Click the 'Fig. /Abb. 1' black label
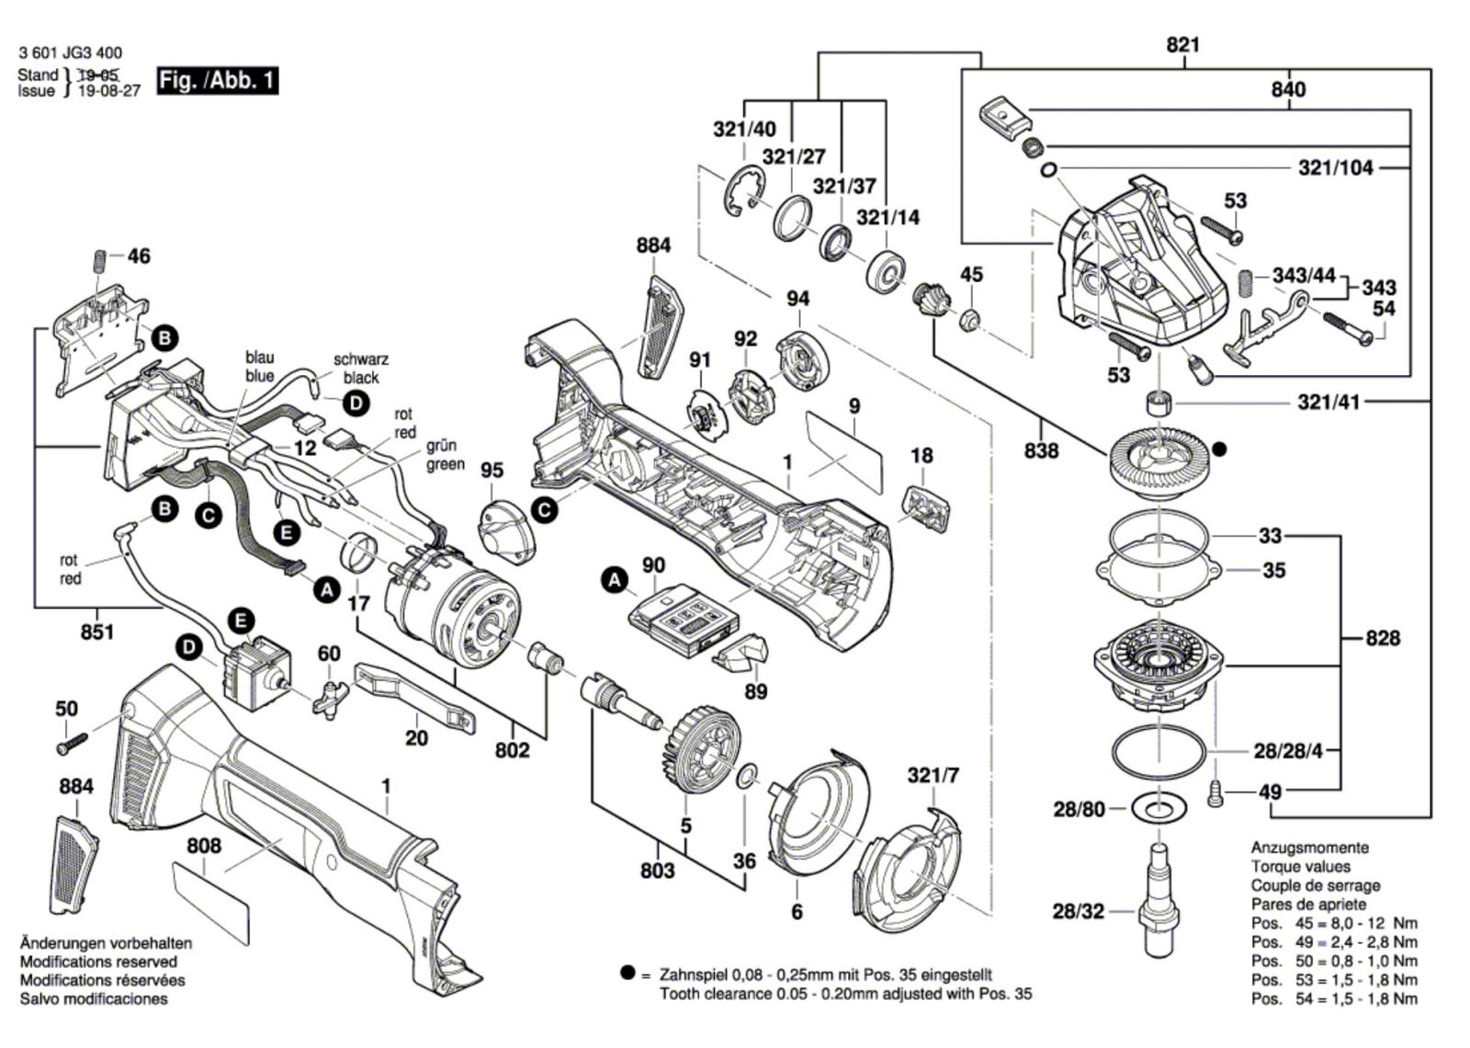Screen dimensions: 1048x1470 [x=217, y=80]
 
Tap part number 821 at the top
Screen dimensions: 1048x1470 [x=1183, y=45]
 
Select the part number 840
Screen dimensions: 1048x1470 [x=1288, y=89]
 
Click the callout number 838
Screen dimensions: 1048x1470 [x=1041, y=450]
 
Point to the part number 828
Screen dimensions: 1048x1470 [x=1383, y=638]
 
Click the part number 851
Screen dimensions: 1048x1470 [x=96, y=632]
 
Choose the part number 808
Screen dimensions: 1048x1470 [x=203, y=845]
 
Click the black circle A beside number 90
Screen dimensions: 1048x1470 [x=615, y=579]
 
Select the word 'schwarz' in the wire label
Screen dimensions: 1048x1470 [x=361, y=360]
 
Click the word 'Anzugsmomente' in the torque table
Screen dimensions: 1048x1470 [x=1309, y=848]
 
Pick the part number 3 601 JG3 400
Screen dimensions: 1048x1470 [x=70, y=53]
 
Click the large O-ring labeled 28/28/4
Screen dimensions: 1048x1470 [x=1159, y=754]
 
